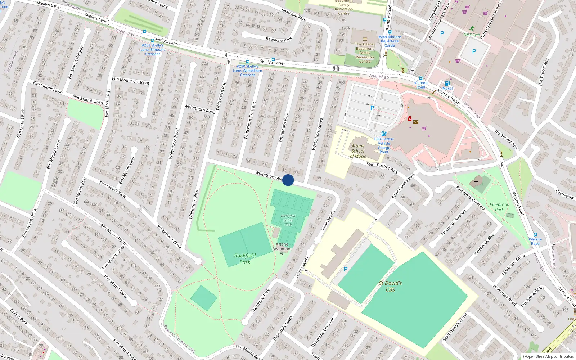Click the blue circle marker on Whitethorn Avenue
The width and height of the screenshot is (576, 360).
288,180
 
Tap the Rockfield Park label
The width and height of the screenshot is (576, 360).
245,258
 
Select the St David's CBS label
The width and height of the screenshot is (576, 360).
390,286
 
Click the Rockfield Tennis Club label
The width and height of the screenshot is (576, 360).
288,220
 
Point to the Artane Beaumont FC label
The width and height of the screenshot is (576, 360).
282,249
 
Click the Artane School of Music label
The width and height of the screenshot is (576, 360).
358,151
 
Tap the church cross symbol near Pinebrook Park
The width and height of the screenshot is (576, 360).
476,183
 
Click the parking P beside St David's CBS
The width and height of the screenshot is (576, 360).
346,269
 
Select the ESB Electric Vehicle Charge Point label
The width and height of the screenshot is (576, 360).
384,145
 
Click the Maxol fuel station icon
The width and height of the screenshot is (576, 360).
447,83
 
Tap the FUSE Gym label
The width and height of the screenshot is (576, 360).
471,35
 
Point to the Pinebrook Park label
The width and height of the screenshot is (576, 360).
499,207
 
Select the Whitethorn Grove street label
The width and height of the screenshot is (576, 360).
317,134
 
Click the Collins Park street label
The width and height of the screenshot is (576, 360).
19,317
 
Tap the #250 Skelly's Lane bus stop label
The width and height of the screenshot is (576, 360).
247,71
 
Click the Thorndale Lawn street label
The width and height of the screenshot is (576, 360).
283,328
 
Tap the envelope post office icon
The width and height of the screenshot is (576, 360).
416,122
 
